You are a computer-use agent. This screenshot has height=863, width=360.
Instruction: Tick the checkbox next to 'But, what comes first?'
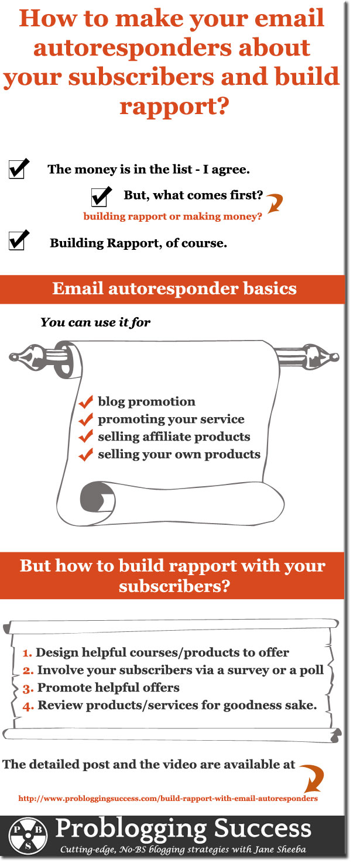100,196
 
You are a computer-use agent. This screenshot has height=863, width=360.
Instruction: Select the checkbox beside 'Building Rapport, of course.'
17,240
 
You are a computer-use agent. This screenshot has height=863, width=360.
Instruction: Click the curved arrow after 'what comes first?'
274,204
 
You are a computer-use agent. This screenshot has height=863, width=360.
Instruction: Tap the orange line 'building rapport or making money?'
172,216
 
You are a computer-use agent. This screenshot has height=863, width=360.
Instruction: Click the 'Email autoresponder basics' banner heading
174,288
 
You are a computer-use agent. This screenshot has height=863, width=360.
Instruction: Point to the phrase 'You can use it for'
95,322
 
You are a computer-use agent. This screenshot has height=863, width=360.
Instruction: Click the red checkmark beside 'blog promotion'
86,402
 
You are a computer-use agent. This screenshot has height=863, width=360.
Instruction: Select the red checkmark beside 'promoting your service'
86,420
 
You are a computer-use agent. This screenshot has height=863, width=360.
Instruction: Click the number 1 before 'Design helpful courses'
27,653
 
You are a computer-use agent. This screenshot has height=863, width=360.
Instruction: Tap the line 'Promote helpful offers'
108,687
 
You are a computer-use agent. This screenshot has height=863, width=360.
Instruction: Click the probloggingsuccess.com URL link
168,798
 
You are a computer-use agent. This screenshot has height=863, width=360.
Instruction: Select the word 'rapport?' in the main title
174,106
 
